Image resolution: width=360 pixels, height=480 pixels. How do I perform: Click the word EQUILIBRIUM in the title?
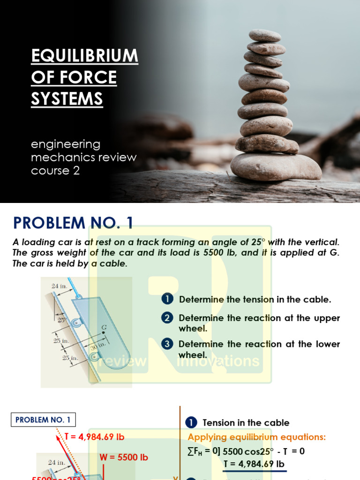point(84,56)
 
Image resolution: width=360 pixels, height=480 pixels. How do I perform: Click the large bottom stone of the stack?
point(276,166)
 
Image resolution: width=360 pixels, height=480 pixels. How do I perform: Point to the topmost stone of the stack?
point(265,36)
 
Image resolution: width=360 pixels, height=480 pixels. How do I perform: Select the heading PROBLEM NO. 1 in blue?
point(73,223)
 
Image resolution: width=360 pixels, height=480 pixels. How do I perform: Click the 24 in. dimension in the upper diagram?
point(60,285)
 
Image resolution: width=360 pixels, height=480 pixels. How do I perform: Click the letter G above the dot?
point(104,326)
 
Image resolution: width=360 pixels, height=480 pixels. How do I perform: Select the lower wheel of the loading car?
point(96,358)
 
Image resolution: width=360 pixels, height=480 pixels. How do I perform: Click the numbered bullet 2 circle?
point(167,318)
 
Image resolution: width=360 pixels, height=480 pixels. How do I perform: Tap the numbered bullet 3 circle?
point(167,344)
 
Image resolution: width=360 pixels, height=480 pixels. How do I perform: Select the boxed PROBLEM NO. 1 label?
point(43,420)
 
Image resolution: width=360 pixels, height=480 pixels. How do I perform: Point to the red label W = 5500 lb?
point(124,457)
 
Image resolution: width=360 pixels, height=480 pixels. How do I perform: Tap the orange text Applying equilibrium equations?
point(256,437)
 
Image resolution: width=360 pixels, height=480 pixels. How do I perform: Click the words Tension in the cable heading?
point(246,423)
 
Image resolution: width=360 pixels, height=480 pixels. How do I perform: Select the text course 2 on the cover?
point(55,171)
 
